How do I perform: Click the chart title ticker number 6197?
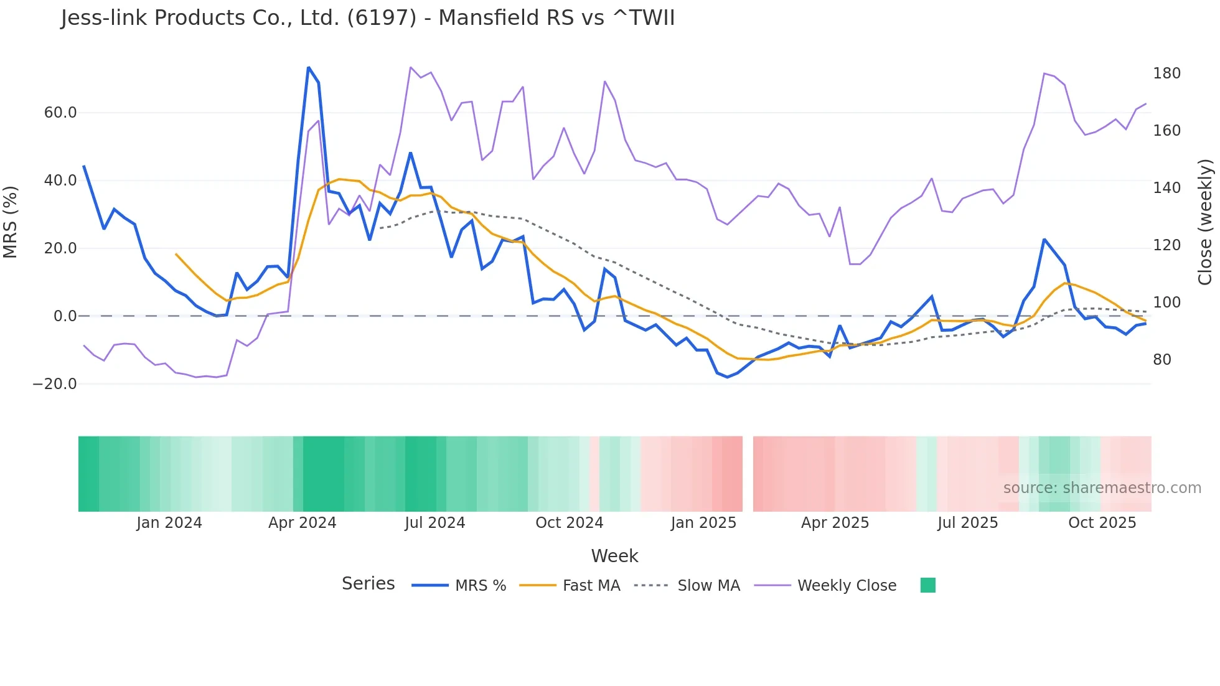[382, 18]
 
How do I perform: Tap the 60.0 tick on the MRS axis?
[60, 113]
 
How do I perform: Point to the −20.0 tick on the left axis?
[55, 384]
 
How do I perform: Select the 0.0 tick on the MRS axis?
[65, 316]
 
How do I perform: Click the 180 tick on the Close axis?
[1166, 73]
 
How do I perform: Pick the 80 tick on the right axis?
[1161, 360]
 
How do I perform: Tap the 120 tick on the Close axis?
[1166, 245]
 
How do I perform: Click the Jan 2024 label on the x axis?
[169, 523]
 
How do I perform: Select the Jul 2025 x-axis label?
[967, 523]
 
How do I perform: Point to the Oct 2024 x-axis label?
[569, 523]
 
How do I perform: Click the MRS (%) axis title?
[11, 222]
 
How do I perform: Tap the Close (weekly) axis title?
[1206, 222]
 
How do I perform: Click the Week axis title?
[614, 556]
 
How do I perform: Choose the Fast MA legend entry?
[591, 586]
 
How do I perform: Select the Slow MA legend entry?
[708, 586]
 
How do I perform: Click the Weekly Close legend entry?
[847, 586]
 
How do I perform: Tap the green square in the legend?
[927, 585]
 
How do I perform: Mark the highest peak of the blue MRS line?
[309, 67]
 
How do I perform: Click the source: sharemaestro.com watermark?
[1102, 488]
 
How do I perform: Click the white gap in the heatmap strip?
[748, 474]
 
